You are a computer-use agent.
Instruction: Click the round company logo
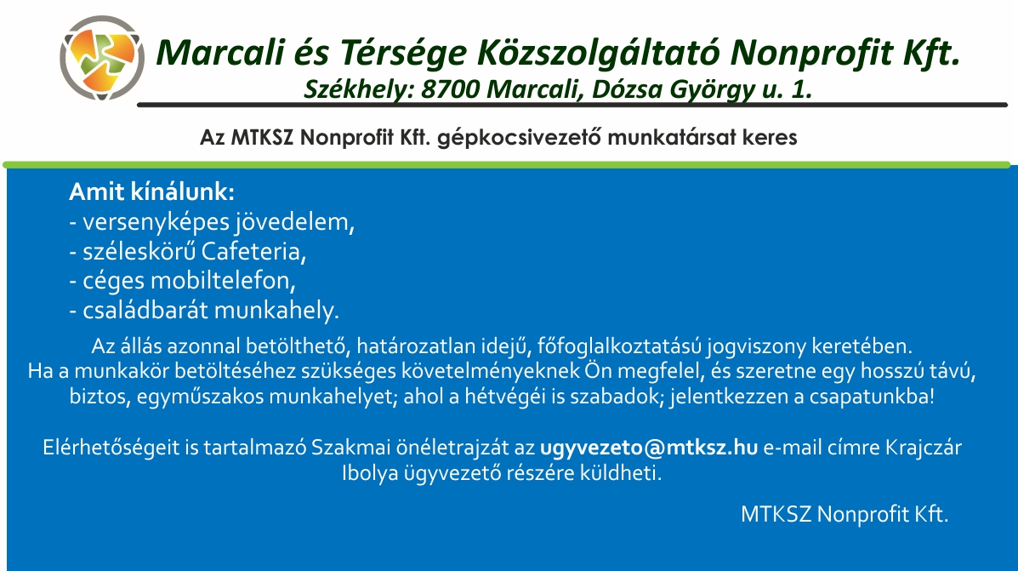(x=102, y=58)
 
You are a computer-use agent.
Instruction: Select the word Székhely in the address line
(x=358, y=89)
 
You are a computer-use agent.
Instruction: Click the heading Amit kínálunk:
(x=151, y=191)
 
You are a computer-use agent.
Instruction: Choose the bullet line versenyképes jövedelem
(x=212, y=222)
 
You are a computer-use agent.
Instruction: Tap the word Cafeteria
(x=253, y=251)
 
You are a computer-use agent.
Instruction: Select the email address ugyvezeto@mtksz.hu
(x=649, y=448)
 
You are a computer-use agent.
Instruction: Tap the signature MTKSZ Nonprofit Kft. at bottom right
(x=845, y=514)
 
